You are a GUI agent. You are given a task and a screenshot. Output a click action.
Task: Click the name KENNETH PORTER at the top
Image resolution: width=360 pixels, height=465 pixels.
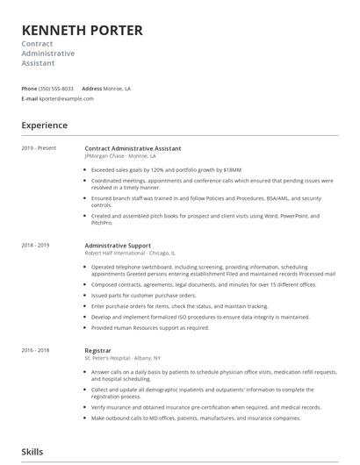click(83, 30)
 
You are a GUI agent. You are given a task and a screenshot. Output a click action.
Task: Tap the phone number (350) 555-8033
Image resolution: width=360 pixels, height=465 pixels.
click(56, 89)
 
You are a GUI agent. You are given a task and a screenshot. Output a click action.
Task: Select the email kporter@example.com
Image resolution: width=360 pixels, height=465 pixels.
click(68, 99)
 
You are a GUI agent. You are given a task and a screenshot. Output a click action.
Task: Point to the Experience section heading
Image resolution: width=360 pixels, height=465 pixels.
click(45, 125)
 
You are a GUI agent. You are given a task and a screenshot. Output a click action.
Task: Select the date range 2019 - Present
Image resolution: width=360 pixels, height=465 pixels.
click(39, 148)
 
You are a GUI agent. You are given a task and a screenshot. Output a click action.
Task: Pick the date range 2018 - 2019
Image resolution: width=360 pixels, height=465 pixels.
click(36, 246)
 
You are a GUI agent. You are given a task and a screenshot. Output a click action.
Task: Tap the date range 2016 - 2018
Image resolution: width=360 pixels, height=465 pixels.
click(36, 350)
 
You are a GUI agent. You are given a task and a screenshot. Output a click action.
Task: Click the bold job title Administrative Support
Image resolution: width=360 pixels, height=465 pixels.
click(118, 246)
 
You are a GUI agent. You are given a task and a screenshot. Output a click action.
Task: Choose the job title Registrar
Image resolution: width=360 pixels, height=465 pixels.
click(98, 350)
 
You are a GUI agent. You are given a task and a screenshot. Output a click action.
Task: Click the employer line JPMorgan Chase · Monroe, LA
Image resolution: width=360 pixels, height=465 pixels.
click(120, 155)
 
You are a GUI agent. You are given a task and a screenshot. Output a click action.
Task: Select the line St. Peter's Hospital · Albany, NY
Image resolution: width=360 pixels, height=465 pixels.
click(123, 358)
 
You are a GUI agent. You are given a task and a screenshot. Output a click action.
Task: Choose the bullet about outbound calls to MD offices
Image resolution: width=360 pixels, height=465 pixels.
click(184, 418)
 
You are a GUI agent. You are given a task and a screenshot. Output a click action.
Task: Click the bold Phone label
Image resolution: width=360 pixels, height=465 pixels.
click(29, 89)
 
